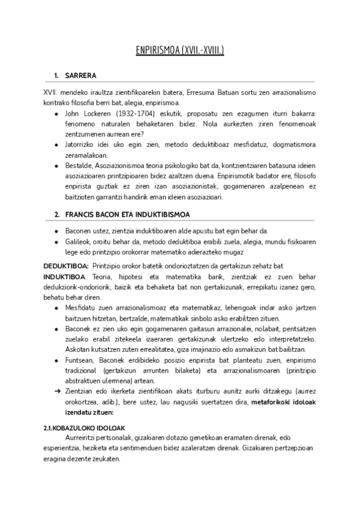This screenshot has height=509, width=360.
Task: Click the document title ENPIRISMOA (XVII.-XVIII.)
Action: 179,52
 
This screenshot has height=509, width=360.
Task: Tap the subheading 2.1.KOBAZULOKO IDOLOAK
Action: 84,428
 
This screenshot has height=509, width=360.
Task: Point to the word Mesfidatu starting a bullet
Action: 81,307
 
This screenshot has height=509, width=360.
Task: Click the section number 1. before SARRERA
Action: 56,76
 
